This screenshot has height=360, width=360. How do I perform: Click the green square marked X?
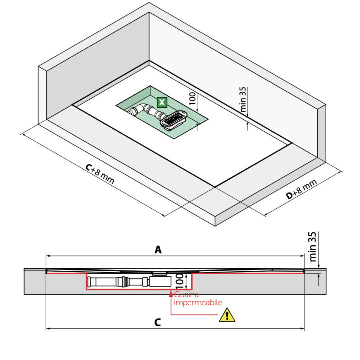162,103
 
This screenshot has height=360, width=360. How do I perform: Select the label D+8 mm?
302,190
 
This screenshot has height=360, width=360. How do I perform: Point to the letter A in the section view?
158,250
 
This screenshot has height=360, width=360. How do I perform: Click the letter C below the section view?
158,323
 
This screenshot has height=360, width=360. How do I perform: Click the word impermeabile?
197,302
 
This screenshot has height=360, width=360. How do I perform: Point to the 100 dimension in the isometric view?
192,98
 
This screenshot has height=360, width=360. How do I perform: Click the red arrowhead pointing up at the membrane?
171,292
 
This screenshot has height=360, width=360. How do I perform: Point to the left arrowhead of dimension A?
48,255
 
